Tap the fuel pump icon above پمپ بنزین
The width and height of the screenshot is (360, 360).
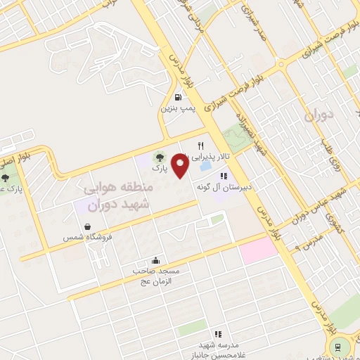point(178,98)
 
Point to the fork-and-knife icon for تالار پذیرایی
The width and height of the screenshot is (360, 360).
point(201,146)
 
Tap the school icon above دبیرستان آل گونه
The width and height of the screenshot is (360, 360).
point(224,176)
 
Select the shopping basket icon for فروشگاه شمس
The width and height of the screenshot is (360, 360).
point(86,227)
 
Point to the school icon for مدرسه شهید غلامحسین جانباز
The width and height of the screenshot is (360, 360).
point(219,333)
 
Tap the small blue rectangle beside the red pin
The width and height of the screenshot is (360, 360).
point(205,168)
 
